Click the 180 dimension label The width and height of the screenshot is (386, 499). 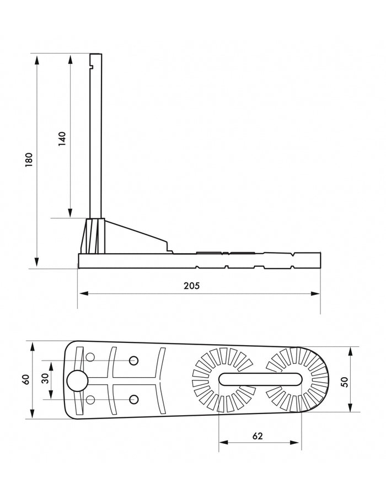coord(29,160)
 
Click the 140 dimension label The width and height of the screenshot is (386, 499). coord(62,139)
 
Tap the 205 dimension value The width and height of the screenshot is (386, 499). coord(191,286)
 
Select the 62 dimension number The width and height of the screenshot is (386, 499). coord(258,436)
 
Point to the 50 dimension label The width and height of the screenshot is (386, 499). coord(345,382)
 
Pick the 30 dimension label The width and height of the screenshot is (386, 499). coord(46,379)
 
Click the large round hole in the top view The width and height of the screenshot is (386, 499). coord(77,381)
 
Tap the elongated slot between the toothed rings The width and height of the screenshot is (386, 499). coord(260,379)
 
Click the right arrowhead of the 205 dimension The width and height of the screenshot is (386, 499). coord(315,293)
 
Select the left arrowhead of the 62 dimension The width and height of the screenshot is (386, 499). coord(224,442)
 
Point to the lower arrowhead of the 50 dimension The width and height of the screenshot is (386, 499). coord(350,407)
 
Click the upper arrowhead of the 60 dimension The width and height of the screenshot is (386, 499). coord(32,347)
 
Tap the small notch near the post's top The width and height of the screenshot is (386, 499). coord(92,67)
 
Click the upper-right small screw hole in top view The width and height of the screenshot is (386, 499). coord(133,361)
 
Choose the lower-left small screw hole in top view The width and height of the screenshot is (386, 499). coord(90,399)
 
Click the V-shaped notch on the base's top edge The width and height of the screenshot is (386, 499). coord(293,255)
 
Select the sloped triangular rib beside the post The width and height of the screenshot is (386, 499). coord(136,237)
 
